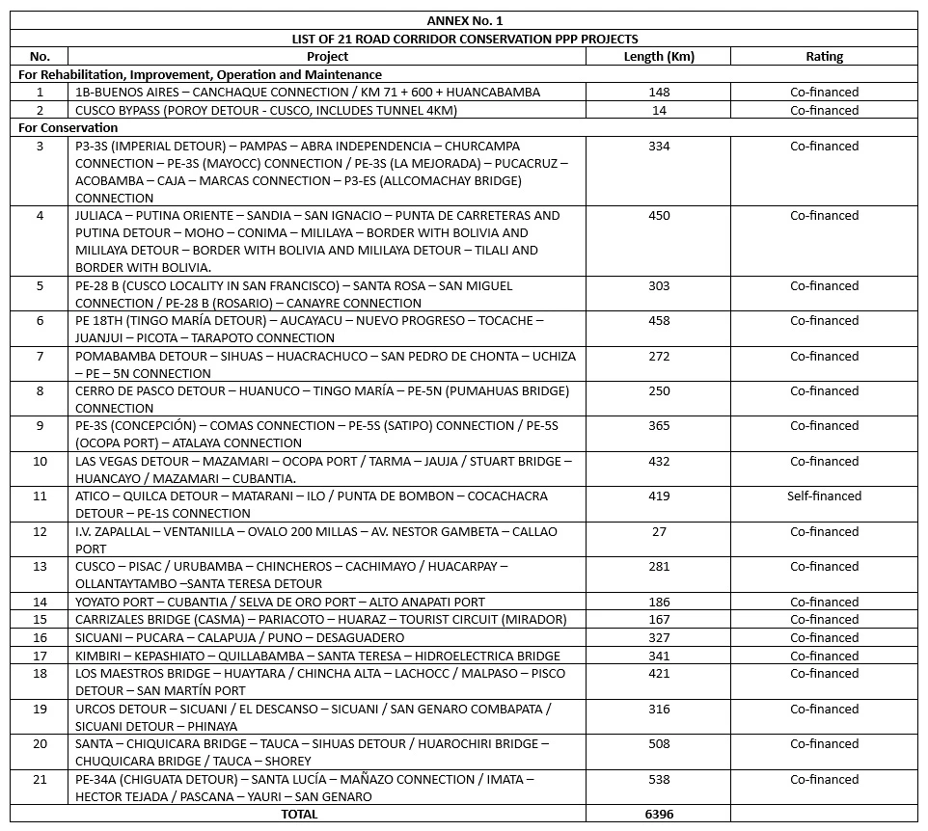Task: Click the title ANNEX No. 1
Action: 464,20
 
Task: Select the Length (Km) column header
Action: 658,57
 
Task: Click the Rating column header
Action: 824,57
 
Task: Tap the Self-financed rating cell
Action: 824,496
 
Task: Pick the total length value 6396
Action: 659,815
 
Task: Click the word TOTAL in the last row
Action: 299,815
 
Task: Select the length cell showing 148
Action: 659,93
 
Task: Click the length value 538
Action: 659,780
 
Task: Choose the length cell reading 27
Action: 659,532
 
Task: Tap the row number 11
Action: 40,496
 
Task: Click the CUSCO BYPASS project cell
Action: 253,111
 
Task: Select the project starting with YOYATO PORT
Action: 280,603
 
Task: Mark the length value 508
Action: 659,744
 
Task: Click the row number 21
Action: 40,780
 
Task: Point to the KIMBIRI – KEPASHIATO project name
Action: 317,656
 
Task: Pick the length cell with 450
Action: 659,216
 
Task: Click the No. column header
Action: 40,57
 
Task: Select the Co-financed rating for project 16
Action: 824,638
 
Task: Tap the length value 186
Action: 659,603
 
